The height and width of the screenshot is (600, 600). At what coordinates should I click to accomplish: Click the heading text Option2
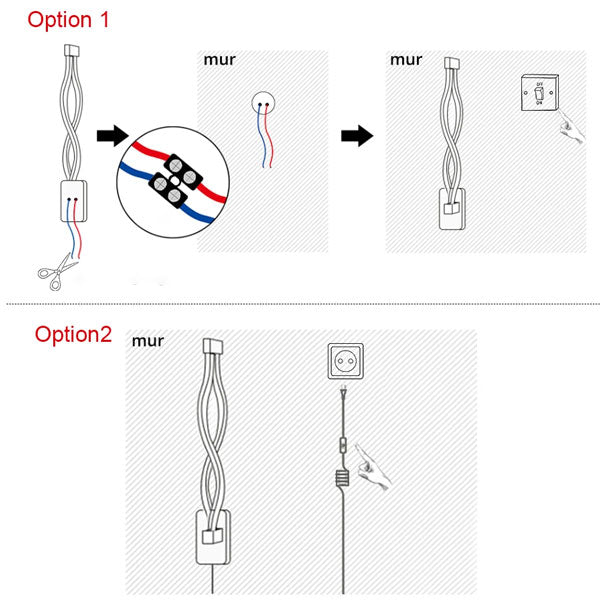(73, 334)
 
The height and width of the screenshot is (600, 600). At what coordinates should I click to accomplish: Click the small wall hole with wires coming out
(263, 100)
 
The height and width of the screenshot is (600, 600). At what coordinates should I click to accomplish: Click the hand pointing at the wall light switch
(571, 127)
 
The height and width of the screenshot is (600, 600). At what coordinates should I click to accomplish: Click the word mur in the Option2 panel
(147, 341)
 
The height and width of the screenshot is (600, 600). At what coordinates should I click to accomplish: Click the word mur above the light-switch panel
(406, 59)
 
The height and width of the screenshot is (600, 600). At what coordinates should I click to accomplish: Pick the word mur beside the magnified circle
(220, 59)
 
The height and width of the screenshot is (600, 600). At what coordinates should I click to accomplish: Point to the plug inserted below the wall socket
(345, 396)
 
